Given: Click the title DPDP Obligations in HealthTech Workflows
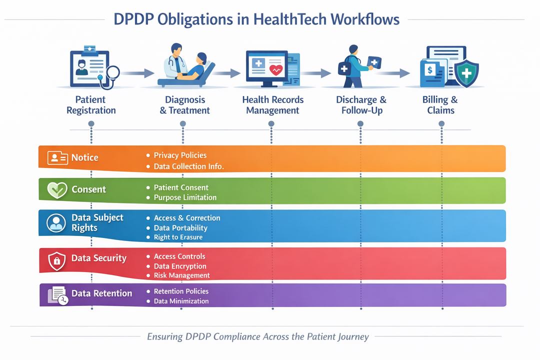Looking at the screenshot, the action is click(x=256, y=19).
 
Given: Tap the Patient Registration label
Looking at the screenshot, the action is click(x=91, y=105).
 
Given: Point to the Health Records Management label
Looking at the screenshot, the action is click(x=272, y=105).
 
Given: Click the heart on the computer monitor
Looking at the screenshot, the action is click(x=275, y=69).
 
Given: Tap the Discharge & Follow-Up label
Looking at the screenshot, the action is click(x=361, y=105).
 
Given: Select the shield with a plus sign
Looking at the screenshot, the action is click(x=466, y=74).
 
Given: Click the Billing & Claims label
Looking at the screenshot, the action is click(x=440, y=105).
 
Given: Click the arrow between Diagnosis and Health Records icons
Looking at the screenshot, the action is click(x=226, y=73).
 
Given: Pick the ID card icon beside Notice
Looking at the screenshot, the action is click(x=57, y=158).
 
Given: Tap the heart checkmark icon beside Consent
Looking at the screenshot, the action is click(x=56, y=190).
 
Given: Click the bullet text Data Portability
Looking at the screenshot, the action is click(x=180, y=228).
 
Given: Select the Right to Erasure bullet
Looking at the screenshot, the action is click(x=178, y=237).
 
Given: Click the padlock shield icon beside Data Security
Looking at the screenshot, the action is click(x=56, y=260).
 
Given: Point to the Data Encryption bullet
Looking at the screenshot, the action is click(x=180, y=266).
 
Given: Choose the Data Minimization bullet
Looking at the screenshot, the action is click(x=181, y=301).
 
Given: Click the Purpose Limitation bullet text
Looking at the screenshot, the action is click(x=185, y=197).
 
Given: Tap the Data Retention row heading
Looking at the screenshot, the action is click(x=101, y=293).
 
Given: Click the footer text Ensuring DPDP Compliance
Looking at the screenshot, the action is click(x=257, y=336).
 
